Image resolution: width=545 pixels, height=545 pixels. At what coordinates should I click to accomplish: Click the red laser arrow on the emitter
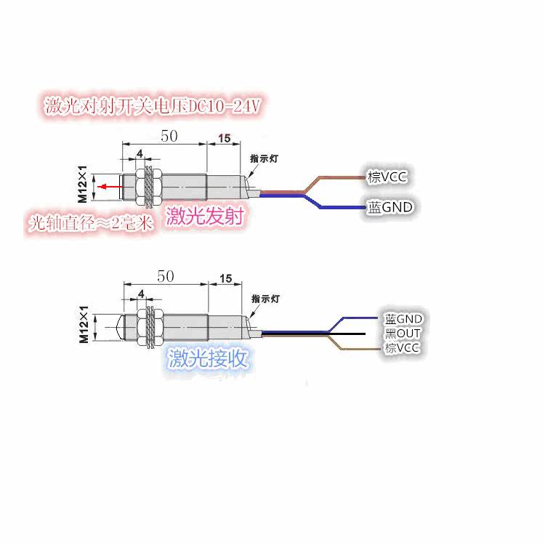110,187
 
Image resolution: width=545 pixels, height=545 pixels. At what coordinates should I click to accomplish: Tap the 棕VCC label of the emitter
387,177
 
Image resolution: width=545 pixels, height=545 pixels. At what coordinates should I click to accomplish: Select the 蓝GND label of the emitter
390,207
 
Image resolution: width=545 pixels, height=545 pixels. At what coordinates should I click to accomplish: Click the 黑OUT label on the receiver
403,334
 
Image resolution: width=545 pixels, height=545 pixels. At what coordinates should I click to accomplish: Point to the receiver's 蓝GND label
403,319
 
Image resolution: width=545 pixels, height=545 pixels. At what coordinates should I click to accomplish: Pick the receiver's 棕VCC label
402,347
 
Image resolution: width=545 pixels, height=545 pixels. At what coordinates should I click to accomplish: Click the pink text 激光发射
205,216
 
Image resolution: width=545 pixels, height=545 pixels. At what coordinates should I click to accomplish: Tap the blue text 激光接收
208,358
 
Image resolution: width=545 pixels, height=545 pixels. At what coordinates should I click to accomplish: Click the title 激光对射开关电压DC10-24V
153,105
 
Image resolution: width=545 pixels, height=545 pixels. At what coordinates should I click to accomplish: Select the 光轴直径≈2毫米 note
91,223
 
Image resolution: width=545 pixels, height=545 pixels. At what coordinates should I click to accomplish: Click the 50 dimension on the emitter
169,136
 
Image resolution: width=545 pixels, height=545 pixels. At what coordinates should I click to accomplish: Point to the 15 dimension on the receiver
225,278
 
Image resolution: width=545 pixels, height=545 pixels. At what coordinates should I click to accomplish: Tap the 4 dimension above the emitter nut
140,153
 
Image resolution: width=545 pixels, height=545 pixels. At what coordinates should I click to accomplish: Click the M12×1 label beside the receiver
84,324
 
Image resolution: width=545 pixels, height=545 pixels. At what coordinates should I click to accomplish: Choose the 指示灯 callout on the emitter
265,159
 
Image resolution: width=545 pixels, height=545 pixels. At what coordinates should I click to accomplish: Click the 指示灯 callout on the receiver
265,299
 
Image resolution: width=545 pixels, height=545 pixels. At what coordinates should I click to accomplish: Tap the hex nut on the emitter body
141,187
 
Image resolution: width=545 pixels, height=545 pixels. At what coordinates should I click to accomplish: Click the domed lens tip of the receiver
120,327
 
